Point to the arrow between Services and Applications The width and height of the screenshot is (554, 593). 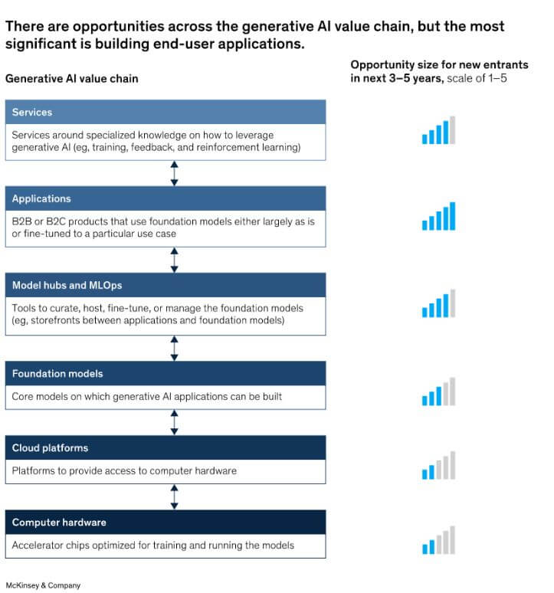[x=175, y=173]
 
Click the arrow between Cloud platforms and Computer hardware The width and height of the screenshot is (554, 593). [x=175, y=496]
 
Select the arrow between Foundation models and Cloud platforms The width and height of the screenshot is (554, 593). [x=175, y=422]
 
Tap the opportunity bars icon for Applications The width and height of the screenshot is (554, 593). [x=438, y=216]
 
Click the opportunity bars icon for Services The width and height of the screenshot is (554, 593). [x=438, y=130]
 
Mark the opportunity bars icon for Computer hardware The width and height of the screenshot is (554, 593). [x=438, y=540]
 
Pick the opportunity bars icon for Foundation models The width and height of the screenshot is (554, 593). [x=438, y=392]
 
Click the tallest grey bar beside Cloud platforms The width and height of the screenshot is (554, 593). [x=453, y=465]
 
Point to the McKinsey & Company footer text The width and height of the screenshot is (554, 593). [x=43, y=585]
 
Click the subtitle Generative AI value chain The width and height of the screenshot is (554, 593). [x=72, y=78]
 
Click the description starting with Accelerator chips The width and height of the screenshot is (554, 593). [x=153, y=545]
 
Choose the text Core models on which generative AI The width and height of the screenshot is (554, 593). [x=147, y=397]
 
